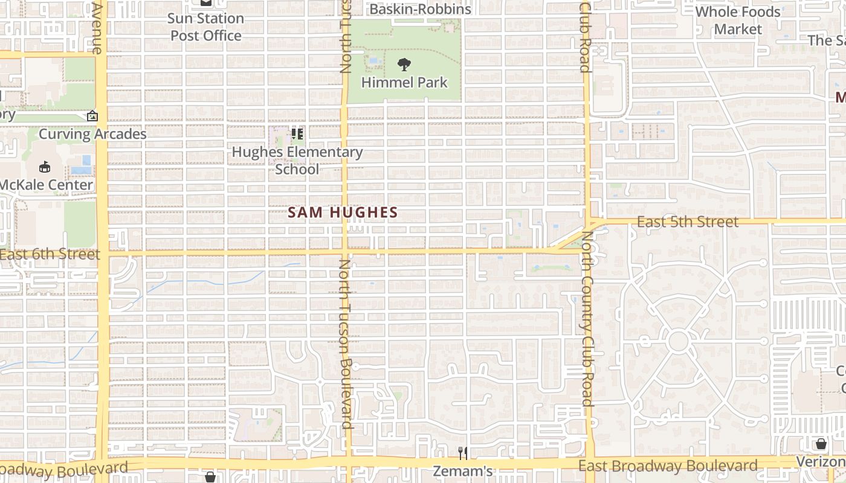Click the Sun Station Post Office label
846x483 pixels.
click(207, 27)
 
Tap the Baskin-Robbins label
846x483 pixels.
click(420, 9)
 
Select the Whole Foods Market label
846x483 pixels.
click(738, 21)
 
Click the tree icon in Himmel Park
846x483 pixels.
click(404, 64)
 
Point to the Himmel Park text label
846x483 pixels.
click(404, 82)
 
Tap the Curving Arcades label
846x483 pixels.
click(92, 133)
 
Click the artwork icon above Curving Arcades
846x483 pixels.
click(92, 115)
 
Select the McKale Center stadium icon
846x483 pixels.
click(45, 167)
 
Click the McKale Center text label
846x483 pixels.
click(47, 185)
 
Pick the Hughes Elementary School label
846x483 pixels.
click(297, 160)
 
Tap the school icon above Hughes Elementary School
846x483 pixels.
click(297, 133)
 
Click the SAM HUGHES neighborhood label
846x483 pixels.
click(343, 213)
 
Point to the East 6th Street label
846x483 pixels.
click(50, 254)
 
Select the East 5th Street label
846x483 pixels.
click(688, 222)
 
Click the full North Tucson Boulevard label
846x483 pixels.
click(346, 344)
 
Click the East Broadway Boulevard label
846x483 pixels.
click(668, 465)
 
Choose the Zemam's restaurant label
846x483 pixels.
click(463, 471)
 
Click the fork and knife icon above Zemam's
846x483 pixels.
click(463, 453)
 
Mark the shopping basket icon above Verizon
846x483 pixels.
click(821, 444)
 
